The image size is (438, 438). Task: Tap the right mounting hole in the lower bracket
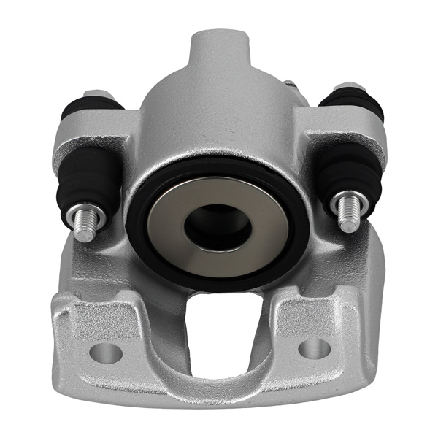coord(314,348)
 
